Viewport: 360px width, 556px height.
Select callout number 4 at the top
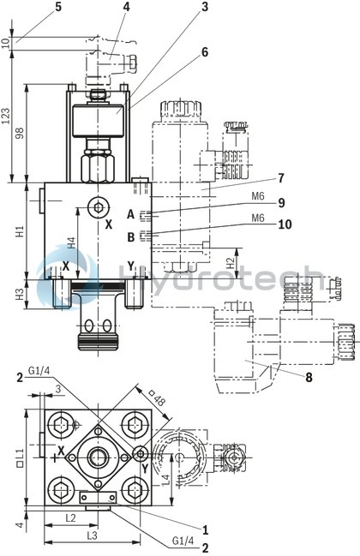click(126, 7)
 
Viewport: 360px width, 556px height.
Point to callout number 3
click(205, 7)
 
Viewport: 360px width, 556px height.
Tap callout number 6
click(205, 51)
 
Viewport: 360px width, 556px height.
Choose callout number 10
click(284, 224)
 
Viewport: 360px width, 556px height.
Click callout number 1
click(205, 529)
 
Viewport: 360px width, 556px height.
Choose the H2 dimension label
click(230, 260)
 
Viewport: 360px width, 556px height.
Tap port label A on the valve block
click(131, 214)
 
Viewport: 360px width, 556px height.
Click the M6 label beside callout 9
click(258, 196)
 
